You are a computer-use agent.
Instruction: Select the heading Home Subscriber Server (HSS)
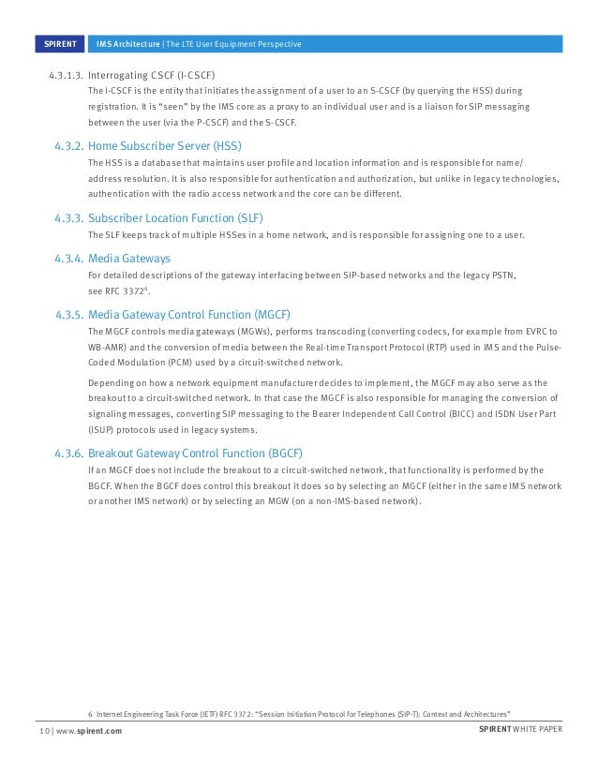[164, 146]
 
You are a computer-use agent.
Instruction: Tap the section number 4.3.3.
[67, 217]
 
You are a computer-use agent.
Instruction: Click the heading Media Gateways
[129, 259]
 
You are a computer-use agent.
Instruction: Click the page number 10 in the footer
[43, 731]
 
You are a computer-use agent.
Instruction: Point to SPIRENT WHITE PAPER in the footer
[519, 731]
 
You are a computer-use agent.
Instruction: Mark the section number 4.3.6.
[67, 453]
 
